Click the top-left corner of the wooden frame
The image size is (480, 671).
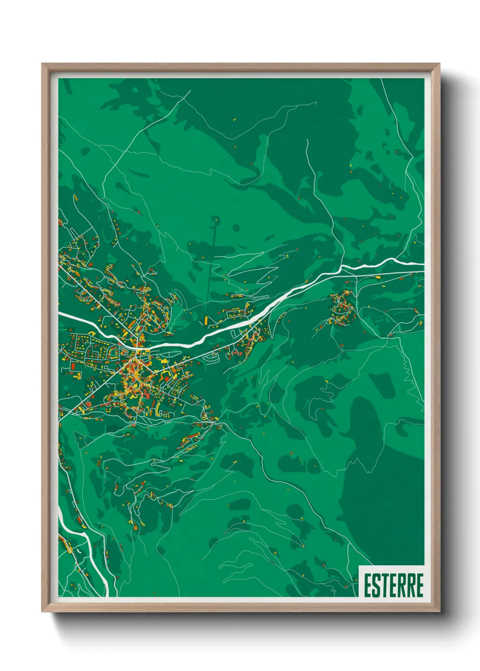coord(43,64)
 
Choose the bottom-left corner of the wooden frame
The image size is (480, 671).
coord(43,611)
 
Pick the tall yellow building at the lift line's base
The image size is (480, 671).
coord(206,321)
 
